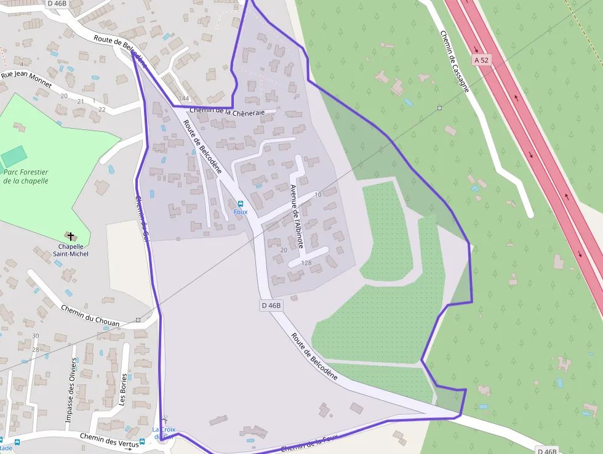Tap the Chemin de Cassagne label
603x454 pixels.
pos(454,62)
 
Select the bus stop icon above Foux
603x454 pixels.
pos(240,204)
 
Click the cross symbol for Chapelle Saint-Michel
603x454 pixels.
pos(71,236)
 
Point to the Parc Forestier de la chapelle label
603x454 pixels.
pos(25,177)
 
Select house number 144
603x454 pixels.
pos(183,99)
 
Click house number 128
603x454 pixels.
pos(306,263)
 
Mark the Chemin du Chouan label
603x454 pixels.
pos(90,315)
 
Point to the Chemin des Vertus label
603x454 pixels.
pos(108,439)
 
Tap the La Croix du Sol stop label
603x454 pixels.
pos(164,433)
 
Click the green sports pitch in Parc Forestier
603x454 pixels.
pos(14,156)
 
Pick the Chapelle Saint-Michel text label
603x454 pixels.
pos(70,250)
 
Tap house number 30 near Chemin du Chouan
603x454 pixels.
pos(35,336)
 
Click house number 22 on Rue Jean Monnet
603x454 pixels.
pos(102,110)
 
